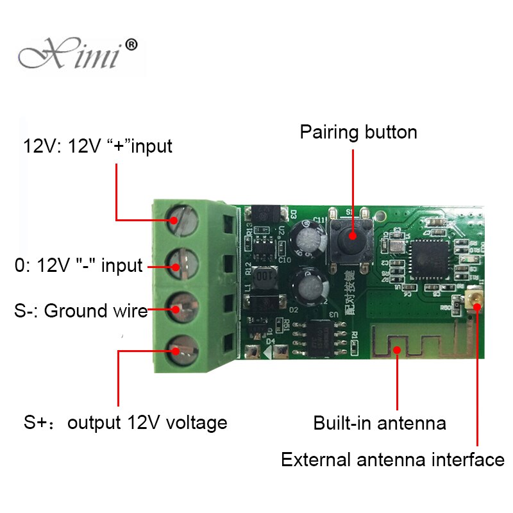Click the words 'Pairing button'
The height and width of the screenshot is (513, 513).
(358, 132)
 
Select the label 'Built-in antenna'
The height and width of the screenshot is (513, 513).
(379, 423)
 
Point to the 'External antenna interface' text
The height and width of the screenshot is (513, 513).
(392, 460)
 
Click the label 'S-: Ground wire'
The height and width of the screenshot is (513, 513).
(81, 311)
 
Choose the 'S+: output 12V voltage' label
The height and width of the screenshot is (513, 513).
(126, 423)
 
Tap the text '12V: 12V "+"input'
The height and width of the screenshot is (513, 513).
(98, 146)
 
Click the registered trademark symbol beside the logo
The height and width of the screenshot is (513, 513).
(130, 45)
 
